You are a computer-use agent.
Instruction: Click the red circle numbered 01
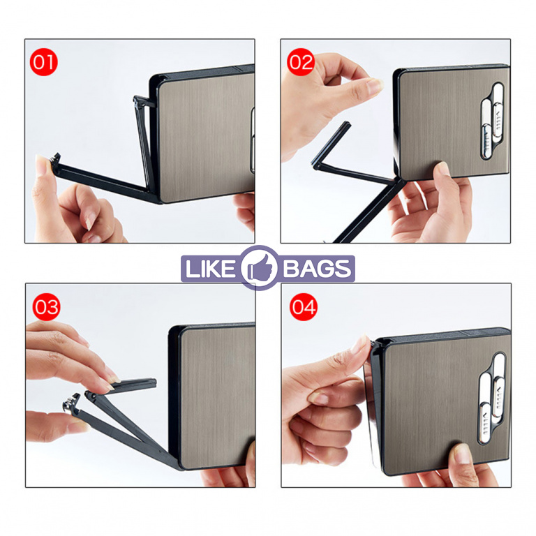[x=44, y=62]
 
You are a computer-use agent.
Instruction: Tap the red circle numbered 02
[x=301, y=62]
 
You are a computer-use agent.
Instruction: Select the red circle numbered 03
[x=46, y=306]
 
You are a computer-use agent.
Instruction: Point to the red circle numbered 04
[x=303, y=306]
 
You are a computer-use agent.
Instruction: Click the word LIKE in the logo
[x=209, y=268]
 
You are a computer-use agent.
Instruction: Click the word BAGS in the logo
[x=317, y=268]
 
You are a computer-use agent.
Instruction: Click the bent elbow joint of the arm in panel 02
[x=316, y=165]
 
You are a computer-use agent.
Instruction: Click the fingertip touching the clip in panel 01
[x=40, y=164]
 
